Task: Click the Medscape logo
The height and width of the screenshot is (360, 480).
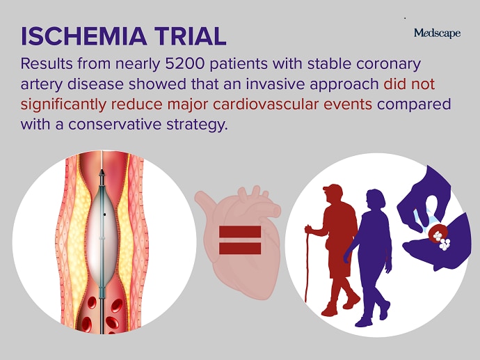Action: pyautogui.click(x=437, y=33)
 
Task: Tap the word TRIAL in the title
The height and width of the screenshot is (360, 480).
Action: pyautogui.click(x=190, y=36)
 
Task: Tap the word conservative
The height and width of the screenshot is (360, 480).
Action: pyautogui.click(x=115, y=125)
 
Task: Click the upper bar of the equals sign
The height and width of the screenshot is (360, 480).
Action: pyautogui.click(x=240, y=232)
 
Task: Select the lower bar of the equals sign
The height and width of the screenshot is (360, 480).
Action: pyautogui.click(x=240, y=249)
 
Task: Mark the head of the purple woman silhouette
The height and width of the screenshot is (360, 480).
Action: pyautogui.click(x=376, y=199)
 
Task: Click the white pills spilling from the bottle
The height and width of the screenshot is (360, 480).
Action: pyautogui.click(x=442, y=240)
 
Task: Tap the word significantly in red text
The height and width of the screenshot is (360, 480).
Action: pyautogui.click(x=63, y=105)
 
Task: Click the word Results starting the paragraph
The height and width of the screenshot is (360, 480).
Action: pyautogui.click(x=47, y=64)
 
